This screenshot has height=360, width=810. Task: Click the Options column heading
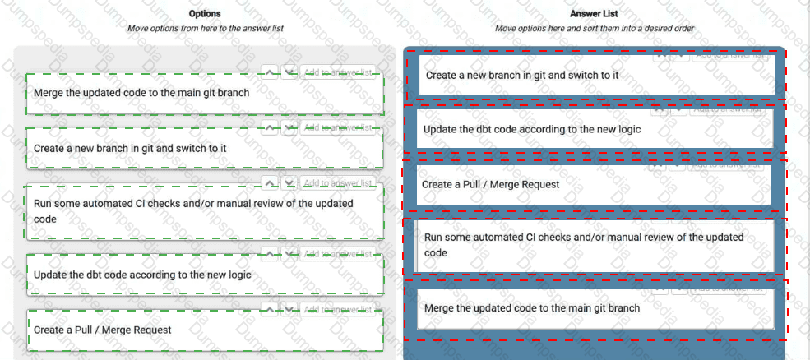coord(205,14)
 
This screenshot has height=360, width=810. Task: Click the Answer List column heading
coord(594,14)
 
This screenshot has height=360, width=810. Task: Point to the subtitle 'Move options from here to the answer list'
coord(206,28)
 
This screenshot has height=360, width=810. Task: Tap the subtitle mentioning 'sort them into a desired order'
coord(595,28)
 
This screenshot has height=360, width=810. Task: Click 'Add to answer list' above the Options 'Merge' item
coord(337,72)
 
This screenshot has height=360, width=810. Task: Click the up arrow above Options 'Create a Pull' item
coord(270,309)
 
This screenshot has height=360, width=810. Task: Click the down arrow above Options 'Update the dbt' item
coord(289,254)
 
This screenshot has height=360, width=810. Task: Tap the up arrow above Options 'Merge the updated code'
coord(270,72)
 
